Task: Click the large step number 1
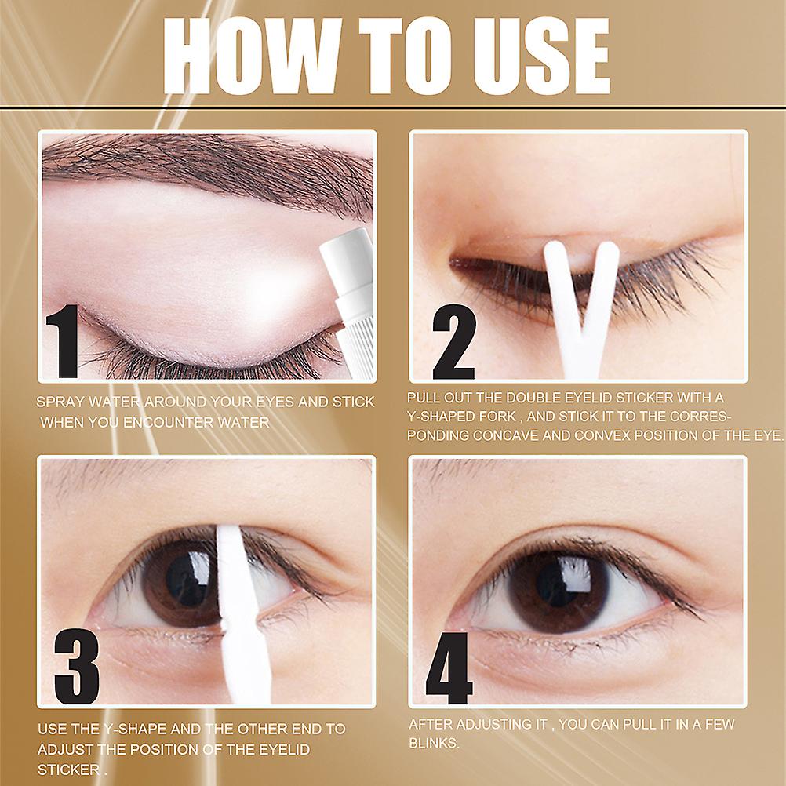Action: [x=63, y=341]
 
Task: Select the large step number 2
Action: [x=453, y=342]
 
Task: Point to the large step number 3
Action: [x=77, y=666]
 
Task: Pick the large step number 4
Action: [x=449, y=668]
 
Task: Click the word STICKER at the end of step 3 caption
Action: [x=69, y=770]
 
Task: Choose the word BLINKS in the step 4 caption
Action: [x=431, y=743]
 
